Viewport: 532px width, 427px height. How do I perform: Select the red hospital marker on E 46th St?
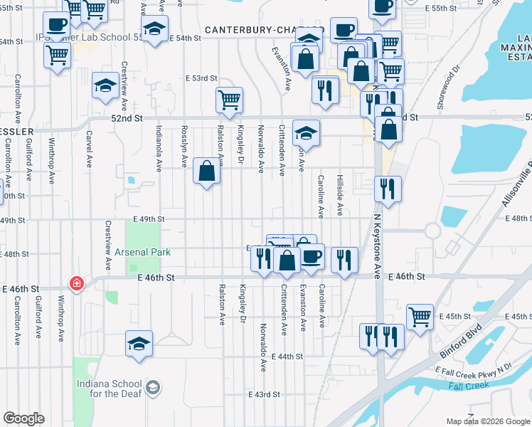click(x=77, y=283)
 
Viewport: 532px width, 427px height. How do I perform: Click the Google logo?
click(x=23, y=418)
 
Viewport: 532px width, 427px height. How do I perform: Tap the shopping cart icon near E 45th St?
click(x=420, y=315)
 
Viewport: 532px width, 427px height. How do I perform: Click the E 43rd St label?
click(x=264, y=394)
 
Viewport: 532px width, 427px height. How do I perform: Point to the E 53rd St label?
click(x=201, y=78)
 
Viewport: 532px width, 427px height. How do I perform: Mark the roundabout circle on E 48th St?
click(x=432, y=231)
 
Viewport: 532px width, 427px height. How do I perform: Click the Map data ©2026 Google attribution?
click(x=486, y=421)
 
